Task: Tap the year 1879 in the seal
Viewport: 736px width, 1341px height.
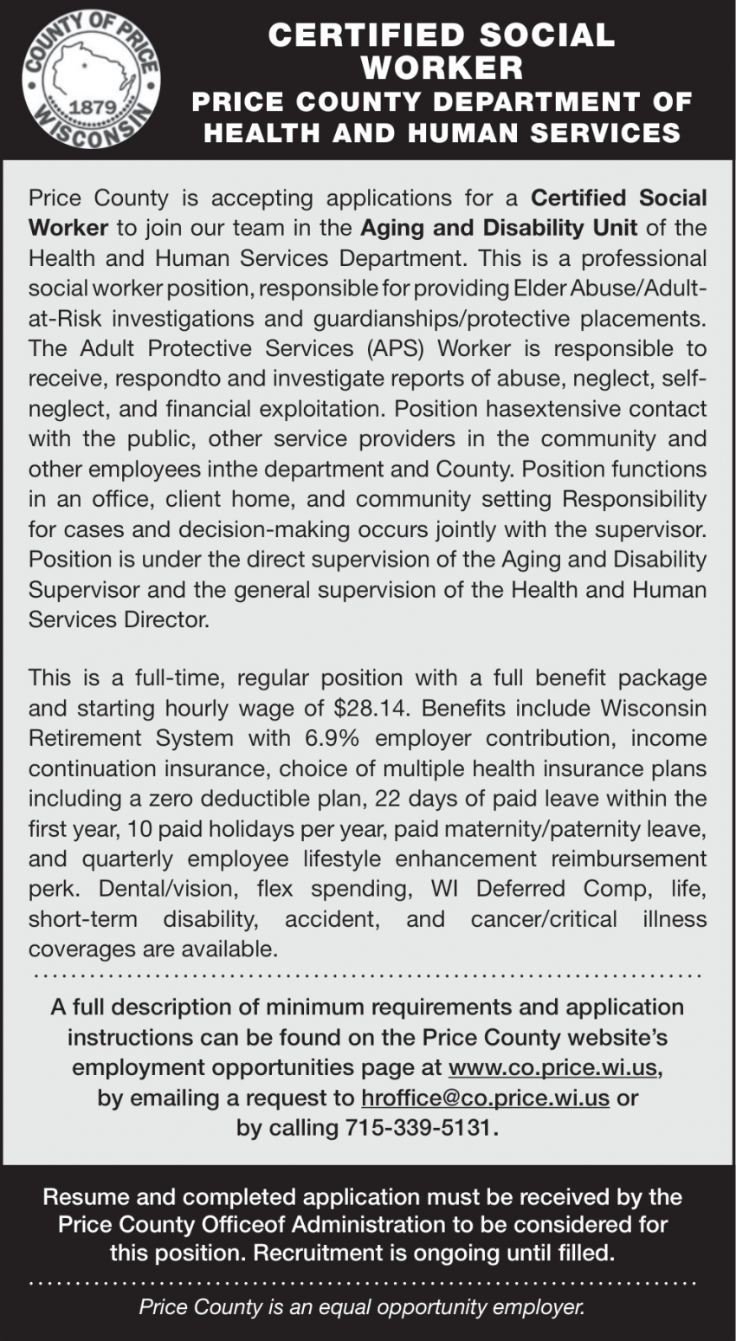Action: [92, 110]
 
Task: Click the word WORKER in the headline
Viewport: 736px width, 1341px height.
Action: [442, 67]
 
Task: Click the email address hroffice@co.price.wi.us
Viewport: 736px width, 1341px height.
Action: [485, 1098]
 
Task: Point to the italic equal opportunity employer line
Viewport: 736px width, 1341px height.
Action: [363, 1307]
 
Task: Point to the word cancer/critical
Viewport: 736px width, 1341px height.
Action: [544, 918]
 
